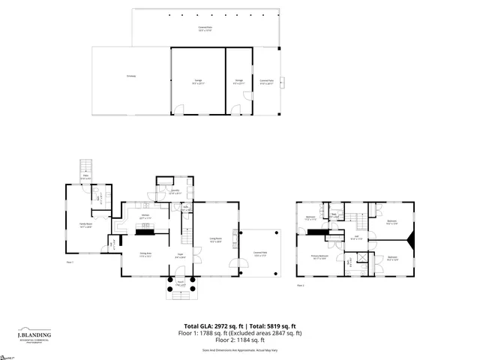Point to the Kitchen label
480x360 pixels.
145,216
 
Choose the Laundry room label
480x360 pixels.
175,192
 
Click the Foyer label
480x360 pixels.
180,255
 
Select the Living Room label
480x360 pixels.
214,240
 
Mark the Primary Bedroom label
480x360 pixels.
321,256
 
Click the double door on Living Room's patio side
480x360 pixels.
239,263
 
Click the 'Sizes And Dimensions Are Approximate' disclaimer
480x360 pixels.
239,350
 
